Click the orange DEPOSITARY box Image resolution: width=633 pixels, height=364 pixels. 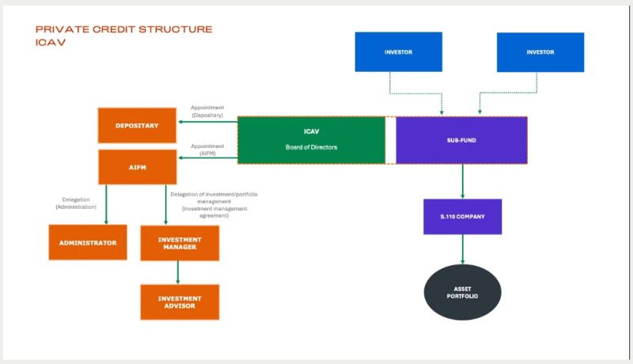coord(137,125)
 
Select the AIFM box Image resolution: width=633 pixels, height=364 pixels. coord(137,167)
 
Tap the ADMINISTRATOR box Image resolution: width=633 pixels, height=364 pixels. coord(88,243)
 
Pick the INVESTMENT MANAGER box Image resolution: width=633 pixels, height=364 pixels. coord(179,243)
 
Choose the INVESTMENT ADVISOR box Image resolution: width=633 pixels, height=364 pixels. coord(179,301)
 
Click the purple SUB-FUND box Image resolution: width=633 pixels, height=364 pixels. coord(461,140)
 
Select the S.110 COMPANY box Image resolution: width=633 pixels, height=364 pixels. coord(462,216)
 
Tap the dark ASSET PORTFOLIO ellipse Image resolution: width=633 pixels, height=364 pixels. coord(462,292)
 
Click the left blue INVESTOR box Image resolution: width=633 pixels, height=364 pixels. coord(398,52)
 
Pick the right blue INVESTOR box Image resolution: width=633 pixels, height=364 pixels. coord(540,52)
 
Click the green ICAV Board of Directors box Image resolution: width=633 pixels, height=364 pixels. coord(311,140)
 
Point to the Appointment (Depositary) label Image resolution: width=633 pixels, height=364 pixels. coord(207,112)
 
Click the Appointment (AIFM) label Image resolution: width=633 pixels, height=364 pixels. coord(208,150)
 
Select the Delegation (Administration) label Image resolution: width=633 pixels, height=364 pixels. coord(75,203)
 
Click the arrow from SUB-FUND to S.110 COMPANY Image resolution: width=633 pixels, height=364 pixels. coord(462,181)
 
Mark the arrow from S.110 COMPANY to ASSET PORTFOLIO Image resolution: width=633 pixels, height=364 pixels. coord(462,249)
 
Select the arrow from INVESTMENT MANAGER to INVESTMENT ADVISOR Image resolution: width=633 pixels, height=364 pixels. coord(179,272)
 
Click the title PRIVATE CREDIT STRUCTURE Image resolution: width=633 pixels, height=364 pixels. coord(124,29)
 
